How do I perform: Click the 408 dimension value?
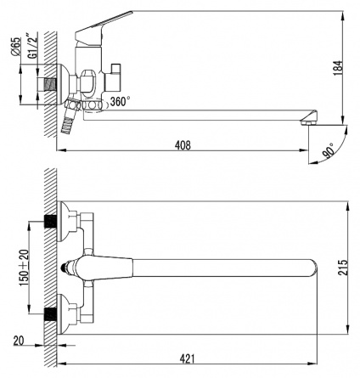point(183,145)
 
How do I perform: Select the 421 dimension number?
point(188,358)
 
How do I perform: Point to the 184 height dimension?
point(338,68)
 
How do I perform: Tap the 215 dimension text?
point(343,268)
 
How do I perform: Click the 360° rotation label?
point(121,101)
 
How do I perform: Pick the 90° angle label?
point(329,150)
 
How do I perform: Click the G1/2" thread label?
point(33,46)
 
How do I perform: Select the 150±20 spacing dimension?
point(24,268)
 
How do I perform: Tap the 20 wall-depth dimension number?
point(19,341)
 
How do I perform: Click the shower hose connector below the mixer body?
point(69,116)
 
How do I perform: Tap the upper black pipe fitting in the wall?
point(51,222)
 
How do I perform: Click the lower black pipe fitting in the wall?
point(51,314)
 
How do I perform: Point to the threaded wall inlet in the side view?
point(50,84)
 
